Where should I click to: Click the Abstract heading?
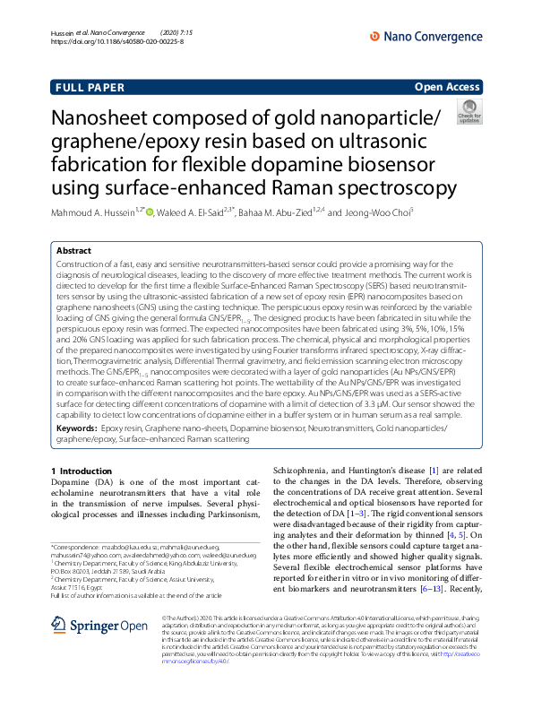pyautogui.click(x=73, y=252)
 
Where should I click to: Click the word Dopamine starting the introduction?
pyautogui.click(x=74, y=480)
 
